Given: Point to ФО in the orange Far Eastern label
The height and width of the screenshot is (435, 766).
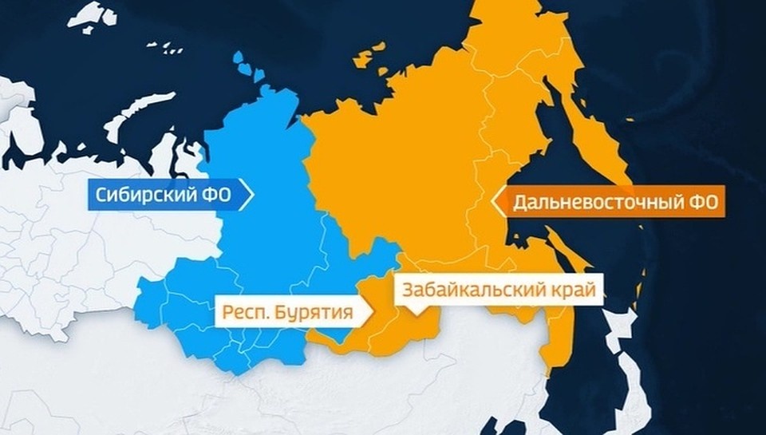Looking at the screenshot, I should [706, 203].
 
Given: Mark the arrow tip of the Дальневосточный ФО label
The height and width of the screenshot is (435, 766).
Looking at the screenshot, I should [496, 203].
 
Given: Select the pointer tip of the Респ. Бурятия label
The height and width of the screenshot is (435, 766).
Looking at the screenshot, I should [372, 312].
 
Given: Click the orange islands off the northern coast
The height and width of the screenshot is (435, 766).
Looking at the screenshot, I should [367, 59].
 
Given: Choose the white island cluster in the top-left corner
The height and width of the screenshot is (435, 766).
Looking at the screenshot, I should [92, 16].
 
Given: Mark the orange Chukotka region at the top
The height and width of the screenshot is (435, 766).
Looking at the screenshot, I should [511, 32].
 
